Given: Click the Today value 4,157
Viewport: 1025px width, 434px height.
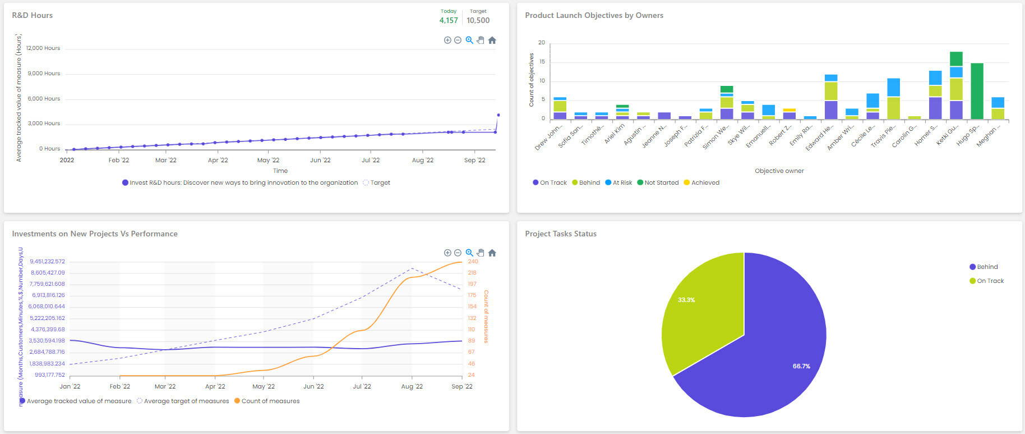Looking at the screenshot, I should (448, 20).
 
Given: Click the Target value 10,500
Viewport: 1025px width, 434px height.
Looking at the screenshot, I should (478, 20).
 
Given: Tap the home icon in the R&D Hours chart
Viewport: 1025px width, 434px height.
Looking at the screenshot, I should (492, 40).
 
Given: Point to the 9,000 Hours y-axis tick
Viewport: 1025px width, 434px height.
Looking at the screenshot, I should (44, 74).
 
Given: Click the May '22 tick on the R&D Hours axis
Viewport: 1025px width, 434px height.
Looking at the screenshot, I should (268, 160).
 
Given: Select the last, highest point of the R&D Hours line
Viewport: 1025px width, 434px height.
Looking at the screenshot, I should (498, 115).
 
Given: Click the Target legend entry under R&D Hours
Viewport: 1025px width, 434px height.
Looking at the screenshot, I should (380, 182).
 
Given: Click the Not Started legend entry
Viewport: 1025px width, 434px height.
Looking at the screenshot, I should (661, 182).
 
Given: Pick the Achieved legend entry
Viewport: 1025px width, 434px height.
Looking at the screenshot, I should (705, 182).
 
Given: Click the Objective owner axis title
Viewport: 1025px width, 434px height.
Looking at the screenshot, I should (779, 171).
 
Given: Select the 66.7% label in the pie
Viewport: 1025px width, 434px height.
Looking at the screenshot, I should (801, 366).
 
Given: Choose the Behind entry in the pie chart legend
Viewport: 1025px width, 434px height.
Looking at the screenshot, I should (986, 267).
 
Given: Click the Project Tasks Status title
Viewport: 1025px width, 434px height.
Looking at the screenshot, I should (560, 234).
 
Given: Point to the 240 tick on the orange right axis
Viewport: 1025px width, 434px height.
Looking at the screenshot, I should (473, 262).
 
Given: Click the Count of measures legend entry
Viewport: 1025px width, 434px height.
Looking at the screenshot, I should (270, 401).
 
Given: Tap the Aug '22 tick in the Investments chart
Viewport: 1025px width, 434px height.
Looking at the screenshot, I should (412, 386).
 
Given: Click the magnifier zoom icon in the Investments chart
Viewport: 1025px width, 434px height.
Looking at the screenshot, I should (469, 253).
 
